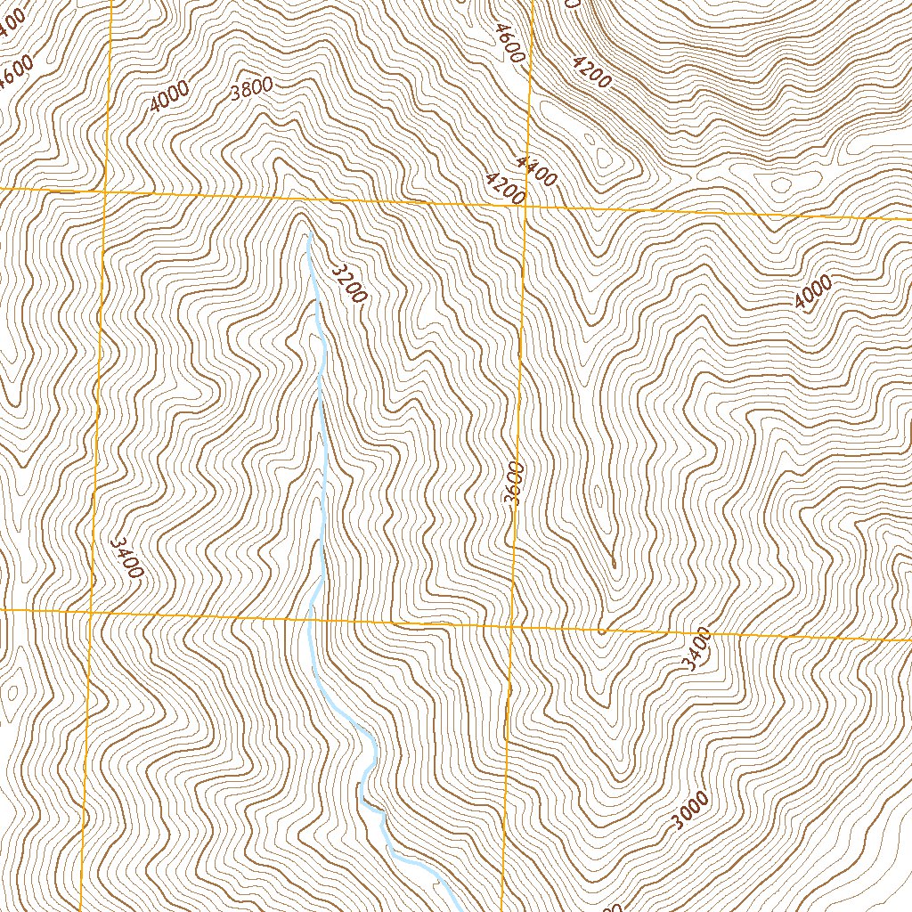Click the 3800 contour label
[x=250, y=89]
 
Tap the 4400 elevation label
[x=535, y=170]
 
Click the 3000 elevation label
[x=690, y=810]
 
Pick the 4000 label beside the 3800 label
[x=169, y=96]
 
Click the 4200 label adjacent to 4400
[x=505, y=189]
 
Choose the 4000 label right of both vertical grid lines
[x=813, y=293]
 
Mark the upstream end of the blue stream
[x=307, y=236]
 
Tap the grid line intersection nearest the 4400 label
[x=525, y=205]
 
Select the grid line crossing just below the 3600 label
[x=514, y=625]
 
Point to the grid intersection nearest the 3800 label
[x=105, y=191]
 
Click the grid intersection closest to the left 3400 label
[x=91, y=612]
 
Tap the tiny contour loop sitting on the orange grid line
[x=602, y=631]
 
